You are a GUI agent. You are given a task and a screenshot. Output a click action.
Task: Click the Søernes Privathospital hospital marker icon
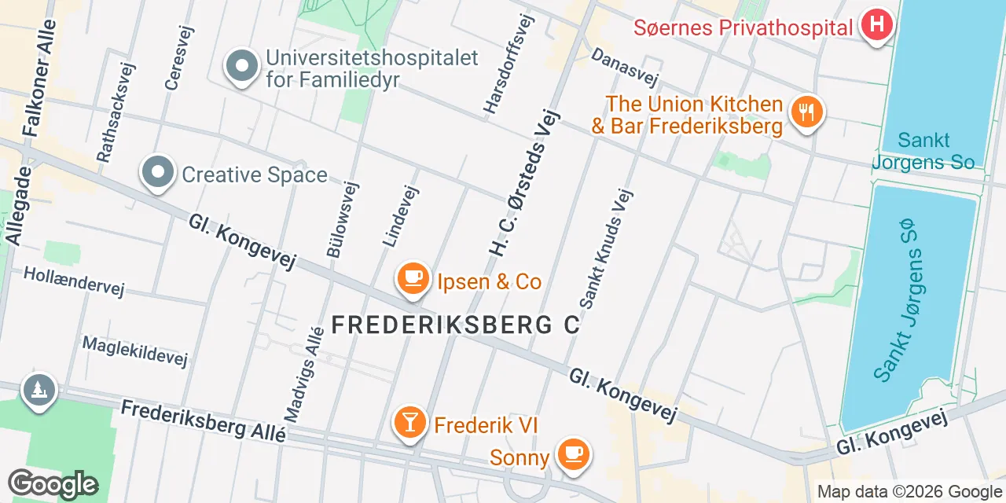pos(877,26)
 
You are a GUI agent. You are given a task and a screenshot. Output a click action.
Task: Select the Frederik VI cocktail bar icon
pos(409,423)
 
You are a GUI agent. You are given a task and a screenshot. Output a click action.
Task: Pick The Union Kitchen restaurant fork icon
pos(806,112)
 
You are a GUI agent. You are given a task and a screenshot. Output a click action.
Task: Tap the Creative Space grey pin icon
pos(158,173)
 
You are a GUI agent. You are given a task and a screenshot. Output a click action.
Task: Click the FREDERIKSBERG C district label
pos(456,325)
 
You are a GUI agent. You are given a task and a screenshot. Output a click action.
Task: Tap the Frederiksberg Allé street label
pos(203,422)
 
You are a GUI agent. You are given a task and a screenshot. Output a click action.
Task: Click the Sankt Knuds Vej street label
pos(606,248)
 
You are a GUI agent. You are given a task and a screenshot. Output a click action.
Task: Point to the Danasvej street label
pos(624,68)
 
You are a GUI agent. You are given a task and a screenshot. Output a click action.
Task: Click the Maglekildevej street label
pos(135,352)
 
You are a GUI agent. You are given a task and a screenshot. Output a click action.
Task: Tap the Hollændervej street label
pos(74,281)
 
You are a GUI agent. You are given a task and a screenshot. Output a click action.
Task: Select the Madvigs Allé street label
pos(303,373)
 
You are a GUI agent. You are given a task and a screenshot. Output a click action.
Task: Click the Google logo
pos(53,485)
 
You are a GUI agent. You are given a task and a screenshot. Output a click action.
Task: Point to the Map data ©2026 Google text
pos(909,492)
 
